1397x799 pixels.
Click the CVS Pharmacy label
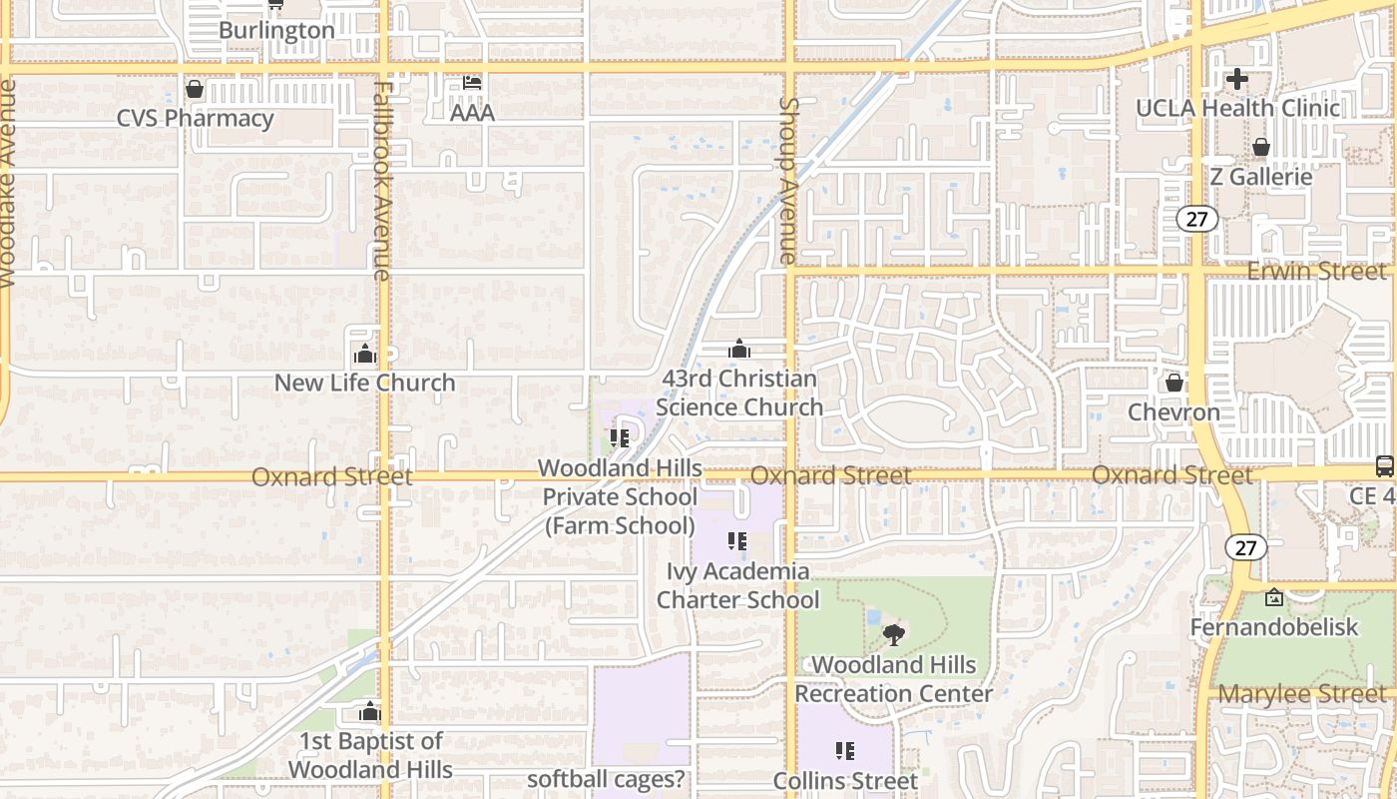[x=195, y=119]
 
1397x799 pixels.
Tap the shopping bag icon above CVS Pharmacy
[x=195, y=90]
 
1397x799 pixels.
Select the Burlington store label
[x=276, y=30]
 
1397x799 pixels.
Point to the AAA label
[x=472, y=113]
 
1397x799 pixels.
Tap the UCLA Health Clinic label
[x=1238, y=108]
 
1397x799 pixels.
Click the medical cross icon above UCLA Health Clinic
[x=1237, y=79]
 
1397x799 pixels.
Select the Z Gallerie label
[x=1260, y=177]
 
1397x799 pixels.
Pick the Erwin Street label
[x=1316, y=271]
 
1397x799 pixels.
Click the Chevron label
[x=1173, y=411]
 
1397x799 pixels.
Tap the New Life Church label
[x=364, y=383]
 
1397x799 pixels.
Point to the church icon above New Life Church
[x=364, y=354]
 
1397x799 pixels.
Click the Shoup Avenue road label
[x=789, y=180]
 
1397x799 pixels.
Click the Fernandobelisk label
[x=1274, y=627]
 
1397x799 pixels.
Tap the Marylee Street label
[x=1302, y=693]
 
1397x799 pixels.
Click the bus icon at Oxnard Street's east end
[x=1385, y=465]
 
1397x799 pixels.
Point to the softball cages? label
[x=607, y=779]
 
